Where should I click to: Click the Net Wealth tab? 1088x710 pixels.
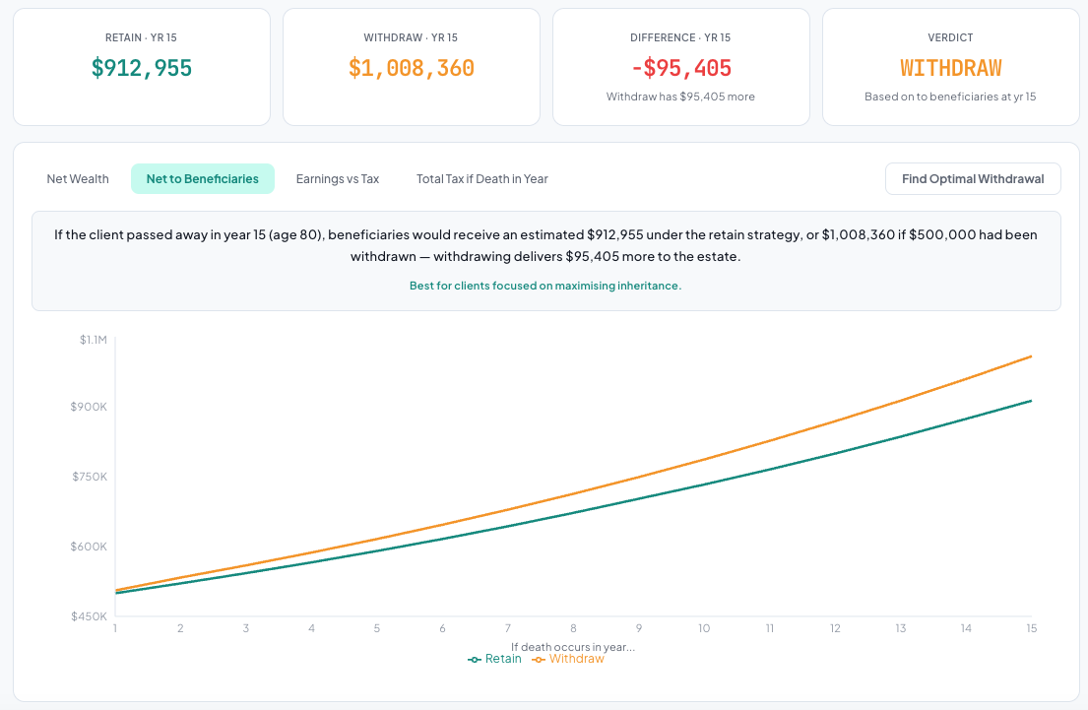point(78,179)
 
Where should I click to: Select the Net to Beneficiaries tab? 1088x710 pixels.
point(203,179)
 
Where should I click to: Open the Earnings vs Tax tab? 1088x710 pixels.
point(338,179)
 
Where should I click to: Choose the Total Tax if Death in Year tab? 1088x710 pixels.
point(482,179)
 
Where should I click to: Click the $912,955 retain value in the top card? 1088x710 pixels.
point(142,68)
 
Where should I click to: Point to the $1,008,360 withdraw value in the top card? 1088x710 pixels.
point(412,68)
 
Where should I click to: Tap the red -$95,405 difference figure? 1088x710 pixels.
point(681,68)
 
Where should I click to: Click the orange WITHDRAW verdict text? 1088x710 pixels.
point(951,68)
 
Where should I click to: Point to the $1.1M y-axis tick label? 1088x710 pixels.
point(94,340)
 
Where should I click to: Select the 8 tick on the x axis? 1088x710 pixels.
point(573,628)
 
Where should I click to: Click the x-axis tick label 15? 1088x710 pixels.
point(1031,628)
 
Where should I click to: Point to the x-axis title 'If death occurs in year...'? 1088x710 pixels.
point(573,647)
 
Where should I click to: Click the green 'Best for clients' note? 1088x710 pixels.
point(545,286)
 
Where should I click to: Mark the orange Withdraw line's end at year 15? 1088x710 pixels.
point(1031,356)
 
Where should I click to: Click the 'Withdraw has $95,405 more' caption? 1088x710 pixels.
point(681,97)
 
